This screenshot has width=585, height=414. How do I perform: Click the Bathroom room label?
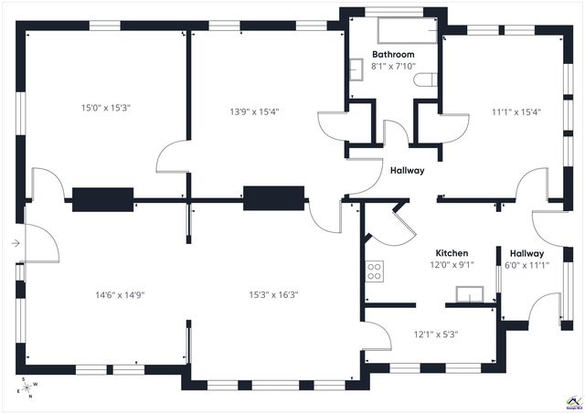click(393, 55)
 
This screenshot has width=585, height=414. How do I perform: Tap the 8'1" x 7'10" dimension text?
click(393, 66)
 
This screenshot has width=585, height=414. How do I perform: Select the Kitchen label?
click(452, 253)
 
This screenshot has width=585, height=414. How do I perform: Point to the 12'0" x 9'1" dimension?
click(452, 265)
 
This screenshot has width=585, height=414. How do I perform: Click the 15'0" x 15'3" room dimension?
click(106, 108)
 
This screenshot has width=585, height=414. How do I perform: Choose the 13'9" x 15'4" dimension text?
click(253, 111)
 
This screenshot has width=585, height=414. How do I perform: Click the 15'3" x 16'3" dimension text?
click(274, 295)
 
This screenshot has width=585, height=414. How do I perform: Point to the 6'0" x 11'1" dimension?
click(526, 266)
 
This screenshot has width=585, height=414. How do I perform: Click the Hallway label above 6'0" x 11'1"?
click(526, 254)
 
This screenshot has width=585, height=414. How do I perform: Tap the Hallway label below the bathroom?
click(407, 171)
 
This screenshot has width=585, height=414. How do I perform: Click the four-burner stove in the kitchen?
click(374, 270)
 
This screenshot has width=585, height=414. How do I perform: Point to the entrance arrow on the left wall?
click(16, 243)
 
